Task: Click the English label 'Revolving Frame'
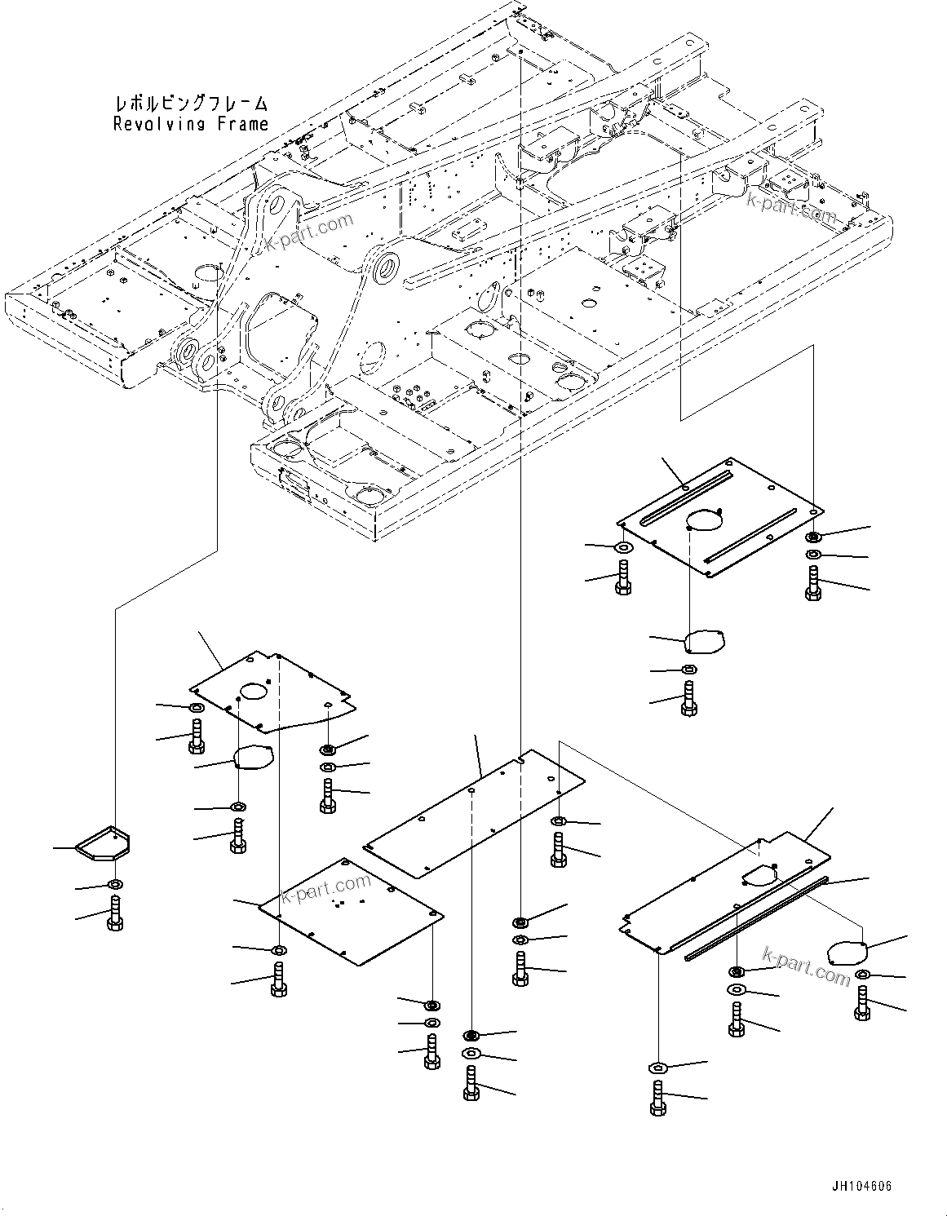click(x=190, y=124)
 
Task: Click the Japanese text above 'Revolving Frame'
click(x=190, y=104)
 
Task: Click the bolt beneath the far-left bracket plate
click(x=113, y=911)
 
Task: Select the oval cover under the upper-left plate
click(x=253, y=757)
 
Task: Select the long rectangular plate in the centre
click(x=476, y=813)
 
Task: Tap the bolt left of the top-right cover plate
click(x=622, y=577)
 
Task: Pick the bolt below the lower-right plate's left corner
click(x=657, y=1097)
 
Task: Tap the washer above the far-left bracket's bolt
click(x=115, y=886)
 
